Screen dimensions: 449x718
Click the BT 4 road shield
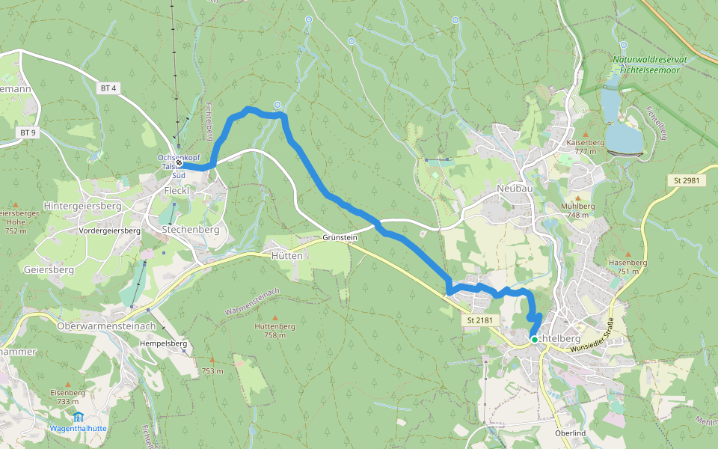click(108, 88)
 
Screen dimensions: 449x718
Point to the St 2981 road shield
click(687, 181)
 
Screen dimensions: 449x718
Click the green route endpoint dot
click(534, 340)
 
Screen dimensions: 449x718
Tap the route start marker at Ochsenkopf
click(179, 162)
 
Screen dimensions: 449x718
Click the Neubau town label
click(515, 189)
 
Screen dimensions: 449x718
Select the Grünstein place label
click(340, 237)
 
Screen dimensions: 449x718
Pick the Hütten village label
click(288, 255)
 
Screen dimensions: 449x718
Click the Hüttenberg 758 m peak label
click(274, 330)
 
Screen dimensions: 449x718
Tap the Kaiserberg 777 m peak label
click(586, 146)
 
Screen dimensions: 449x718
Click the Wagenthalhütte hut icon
click(78, 416)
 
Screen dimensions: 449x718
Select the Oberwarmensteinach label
click(106, 326)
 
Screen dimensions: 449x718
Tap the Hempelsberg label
click(163, 343)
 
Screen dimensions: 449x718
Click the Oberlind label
click(570, 434)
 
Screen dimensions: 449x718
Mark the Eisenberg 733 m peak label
click(68, 397)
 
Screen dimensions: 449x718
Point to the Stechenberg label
click(191, 230)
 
